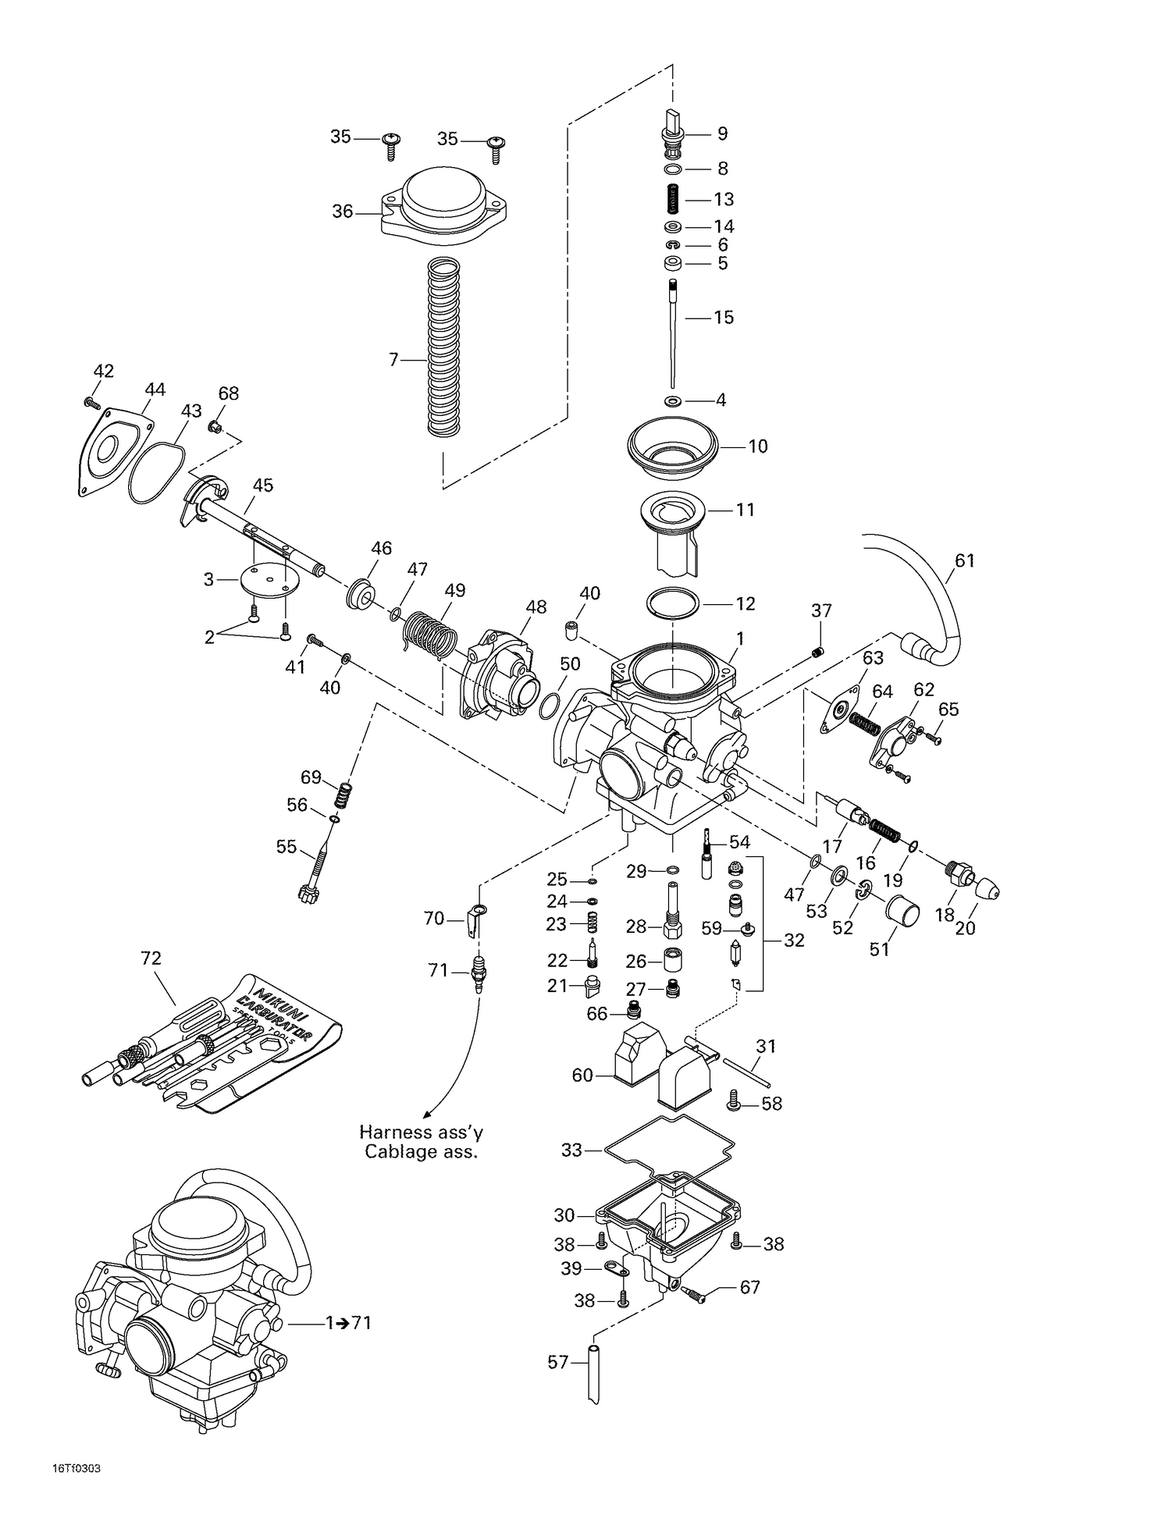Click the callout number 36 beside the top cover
tap(342, 212)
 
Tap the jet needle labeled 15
tap(672, 336)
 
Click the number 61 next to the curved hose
tap(965, 560)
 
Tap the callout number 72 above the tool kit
tap(151, 958)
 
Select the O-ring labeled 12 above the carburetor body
tap(671, 603)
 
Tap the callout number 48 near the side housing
tap(536, 607)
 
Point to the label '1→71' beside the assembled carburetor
tap(348, 1322)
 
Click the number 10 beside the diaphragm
tap(757, 446)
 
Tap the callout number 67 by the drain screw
tap(749, 1287)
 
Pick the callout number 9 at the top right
tap(722, 133)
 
